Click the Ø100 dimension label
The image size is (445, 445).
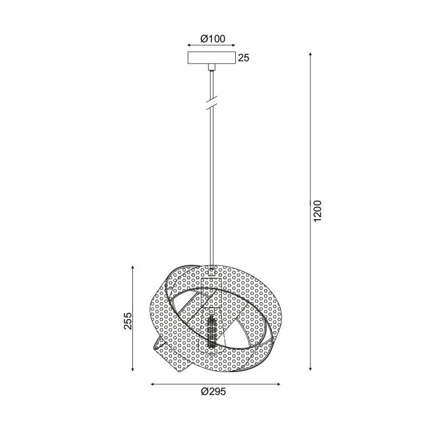[x=212, y=38]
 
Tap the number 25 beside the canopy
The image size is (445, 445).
[x=244, y=58]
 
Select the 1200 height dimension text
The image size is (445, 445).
[x=318, y=211]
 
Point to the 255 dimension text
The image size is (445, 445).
[x=128, y=321]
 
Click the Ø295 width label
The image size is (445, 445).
[x=214, y=392]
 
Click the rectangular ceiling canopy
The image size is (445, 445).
[x=212, y=58]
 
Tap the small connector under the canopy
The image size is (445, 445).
[x=212, y=67]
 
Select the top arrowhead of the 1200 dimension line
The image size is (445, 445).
[x=310, y=54]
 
